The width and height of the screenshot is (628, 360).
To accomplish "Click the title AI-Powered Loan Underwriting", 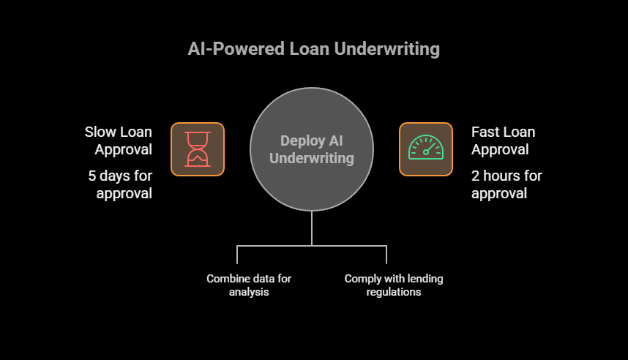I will tap(313, 49).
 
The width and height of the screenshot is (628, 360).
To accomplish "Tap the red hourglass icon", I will tap(197, 149).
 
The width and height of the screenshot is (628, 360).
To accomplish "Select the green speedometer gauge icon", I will tap(425, 149).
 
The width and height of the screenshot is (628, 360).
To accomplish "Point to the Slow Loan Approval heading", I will tap(118, 140).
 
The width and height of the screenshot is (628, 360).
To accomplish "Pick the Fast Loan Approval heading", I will tap(503, 140).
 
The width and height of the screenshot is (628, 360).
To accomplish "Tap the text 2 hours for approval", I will tap(506, 184).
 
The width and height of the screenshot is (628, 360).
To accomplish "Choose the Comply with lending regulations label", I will tap(394, 285).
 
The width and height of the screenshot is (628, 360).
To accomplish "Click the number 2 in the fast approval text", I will tap(476, 176).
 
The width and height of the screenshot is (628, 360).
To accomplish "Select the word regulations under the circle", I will tap(394, 292).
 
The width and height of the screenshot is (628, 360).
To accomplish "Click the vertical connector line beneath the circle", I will tap(312, 228).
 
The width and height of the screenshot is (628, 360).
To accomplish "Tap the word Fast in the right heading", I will tap(486, 132).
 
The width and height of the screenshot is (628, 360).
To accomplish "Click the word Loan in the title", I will tap(311, 49).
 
